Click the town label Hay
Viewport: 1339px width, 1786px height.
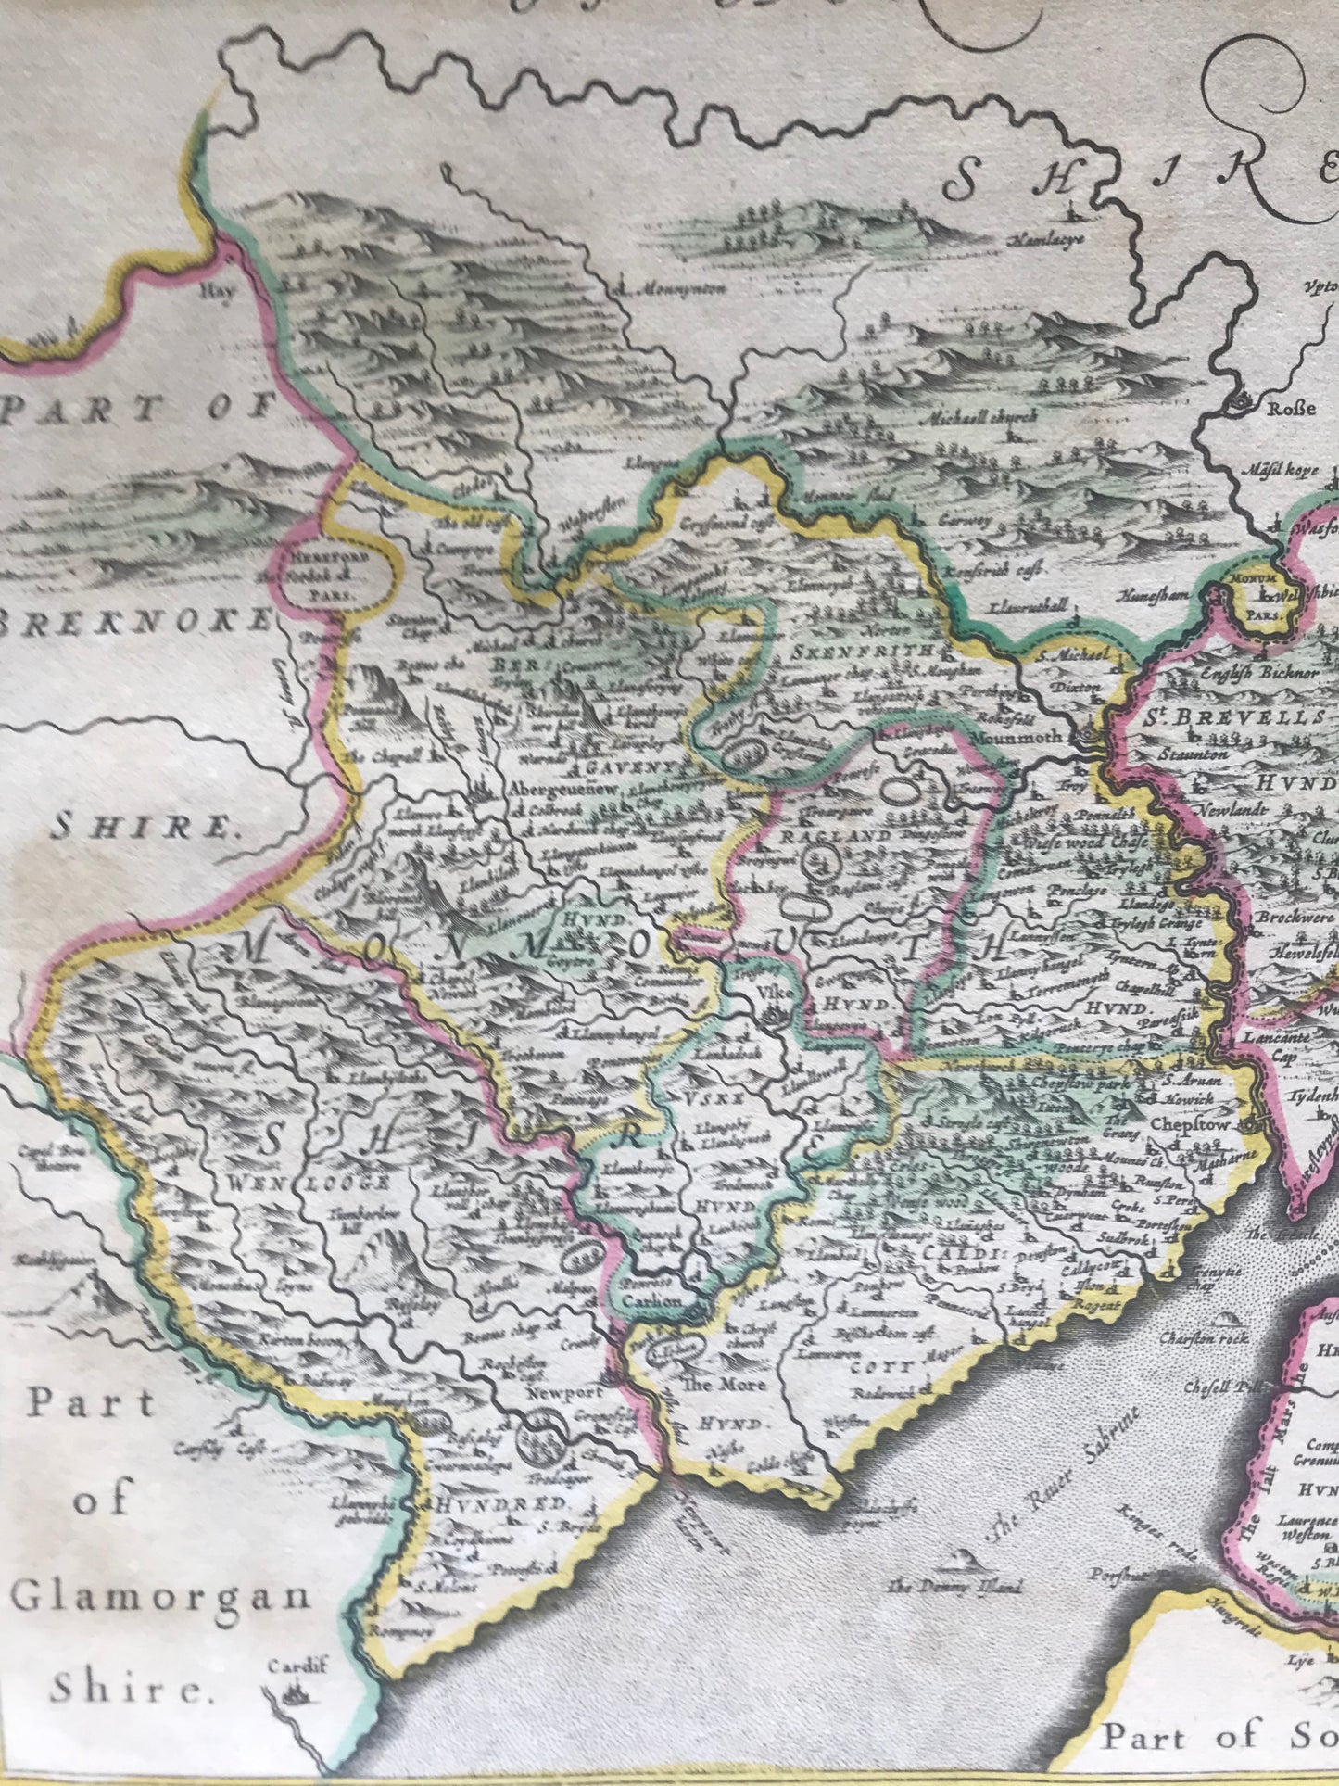point(217,288)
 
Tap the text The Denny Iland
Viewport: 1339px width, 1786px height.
point(954,1587)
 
